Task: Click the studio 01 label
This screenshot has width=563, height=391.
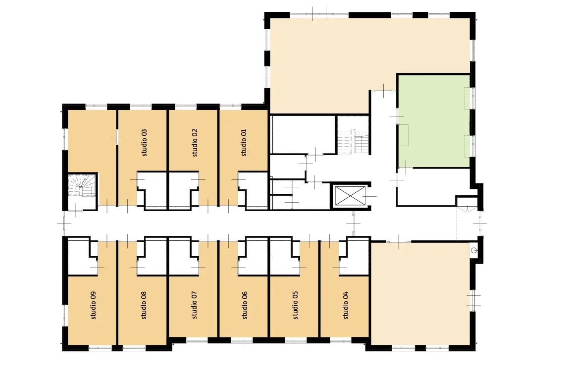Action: (244, 142)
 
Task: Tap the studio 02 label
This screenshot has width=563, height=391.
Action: (195, 142)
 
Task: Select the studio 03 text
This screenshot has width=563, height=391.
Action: (145, 142)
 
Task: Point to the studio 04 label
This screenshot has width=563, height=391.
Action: (346, 305)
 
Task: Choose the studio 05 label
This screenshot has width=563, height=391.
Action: (296, 305)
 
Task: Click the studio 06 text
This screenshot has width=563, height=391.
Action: (245, 305)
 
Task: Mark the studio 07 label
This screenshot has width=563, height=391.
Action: (195, 305)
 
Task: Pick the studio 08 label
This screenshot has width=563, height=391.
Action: (144, 305)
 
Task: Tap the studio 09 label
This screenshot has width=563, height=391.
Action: (94, 305)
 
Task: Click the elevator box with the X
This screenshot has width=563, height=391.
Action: (350, 196)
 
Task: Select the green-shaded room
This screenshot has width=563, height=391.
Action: (434, 121)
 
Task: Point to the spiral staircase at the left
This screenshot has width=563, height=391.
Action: (82, 185)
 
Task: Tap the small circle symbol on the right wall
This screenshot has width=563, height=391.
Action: (474, 250)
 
